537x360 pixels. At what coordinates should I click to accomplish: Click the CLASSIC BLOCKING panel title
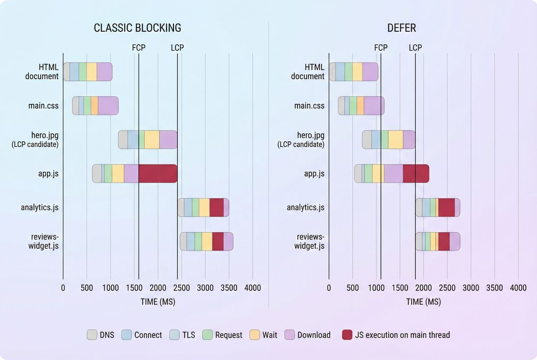click(x=137, y=28)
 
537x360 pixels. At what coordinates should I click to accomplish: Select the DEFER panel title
click(x=402, y=28)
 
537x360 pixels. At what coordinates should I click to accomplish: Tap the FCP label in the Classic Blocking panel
click(x=139, y=48)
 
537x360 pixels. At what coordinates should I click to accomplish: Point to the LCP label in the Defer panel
click(x=415, y=48)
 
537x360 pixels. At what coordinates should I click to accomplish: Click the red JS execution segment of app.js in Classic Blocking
click(x=158, y=173)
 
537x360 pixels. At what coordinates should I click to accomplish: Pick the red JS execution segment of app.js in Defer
click(x=415, y=173)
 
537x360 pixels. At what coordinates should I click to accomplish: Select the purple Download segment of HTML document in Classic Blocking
click(x=104, y=72)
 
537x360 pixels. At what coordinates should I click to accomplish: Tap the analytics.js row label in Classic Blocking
click(x=40, y=207)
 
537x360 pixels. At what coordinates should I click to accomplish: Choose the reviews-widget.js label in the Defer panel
click(x=309, y=241)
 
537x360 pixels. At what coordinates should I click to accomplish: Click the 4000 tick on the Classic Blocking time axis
click(x=252, y=288)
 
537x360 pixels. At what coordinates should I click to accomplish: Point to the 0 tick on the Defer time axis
click(x=329, y=288)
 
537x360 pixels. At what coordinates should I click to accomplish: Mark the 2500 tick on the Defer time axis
click(x=447, y=288)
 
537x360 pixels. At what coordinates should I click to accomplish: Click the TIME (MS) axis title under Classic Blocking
click(x=158, y=302)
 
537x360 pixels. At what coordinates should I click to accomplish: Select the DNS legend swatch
click(x=92, y=335)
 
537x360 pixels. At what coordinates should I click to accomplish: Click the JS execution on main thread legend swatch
click(x=347, y=335)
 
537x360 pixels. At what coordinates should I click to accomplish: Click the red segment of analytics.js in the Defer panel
click(x=446, y=207)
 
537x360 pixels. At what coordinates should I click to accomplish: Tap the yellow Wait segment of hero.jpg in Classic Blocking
click(x=152, y=140)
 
